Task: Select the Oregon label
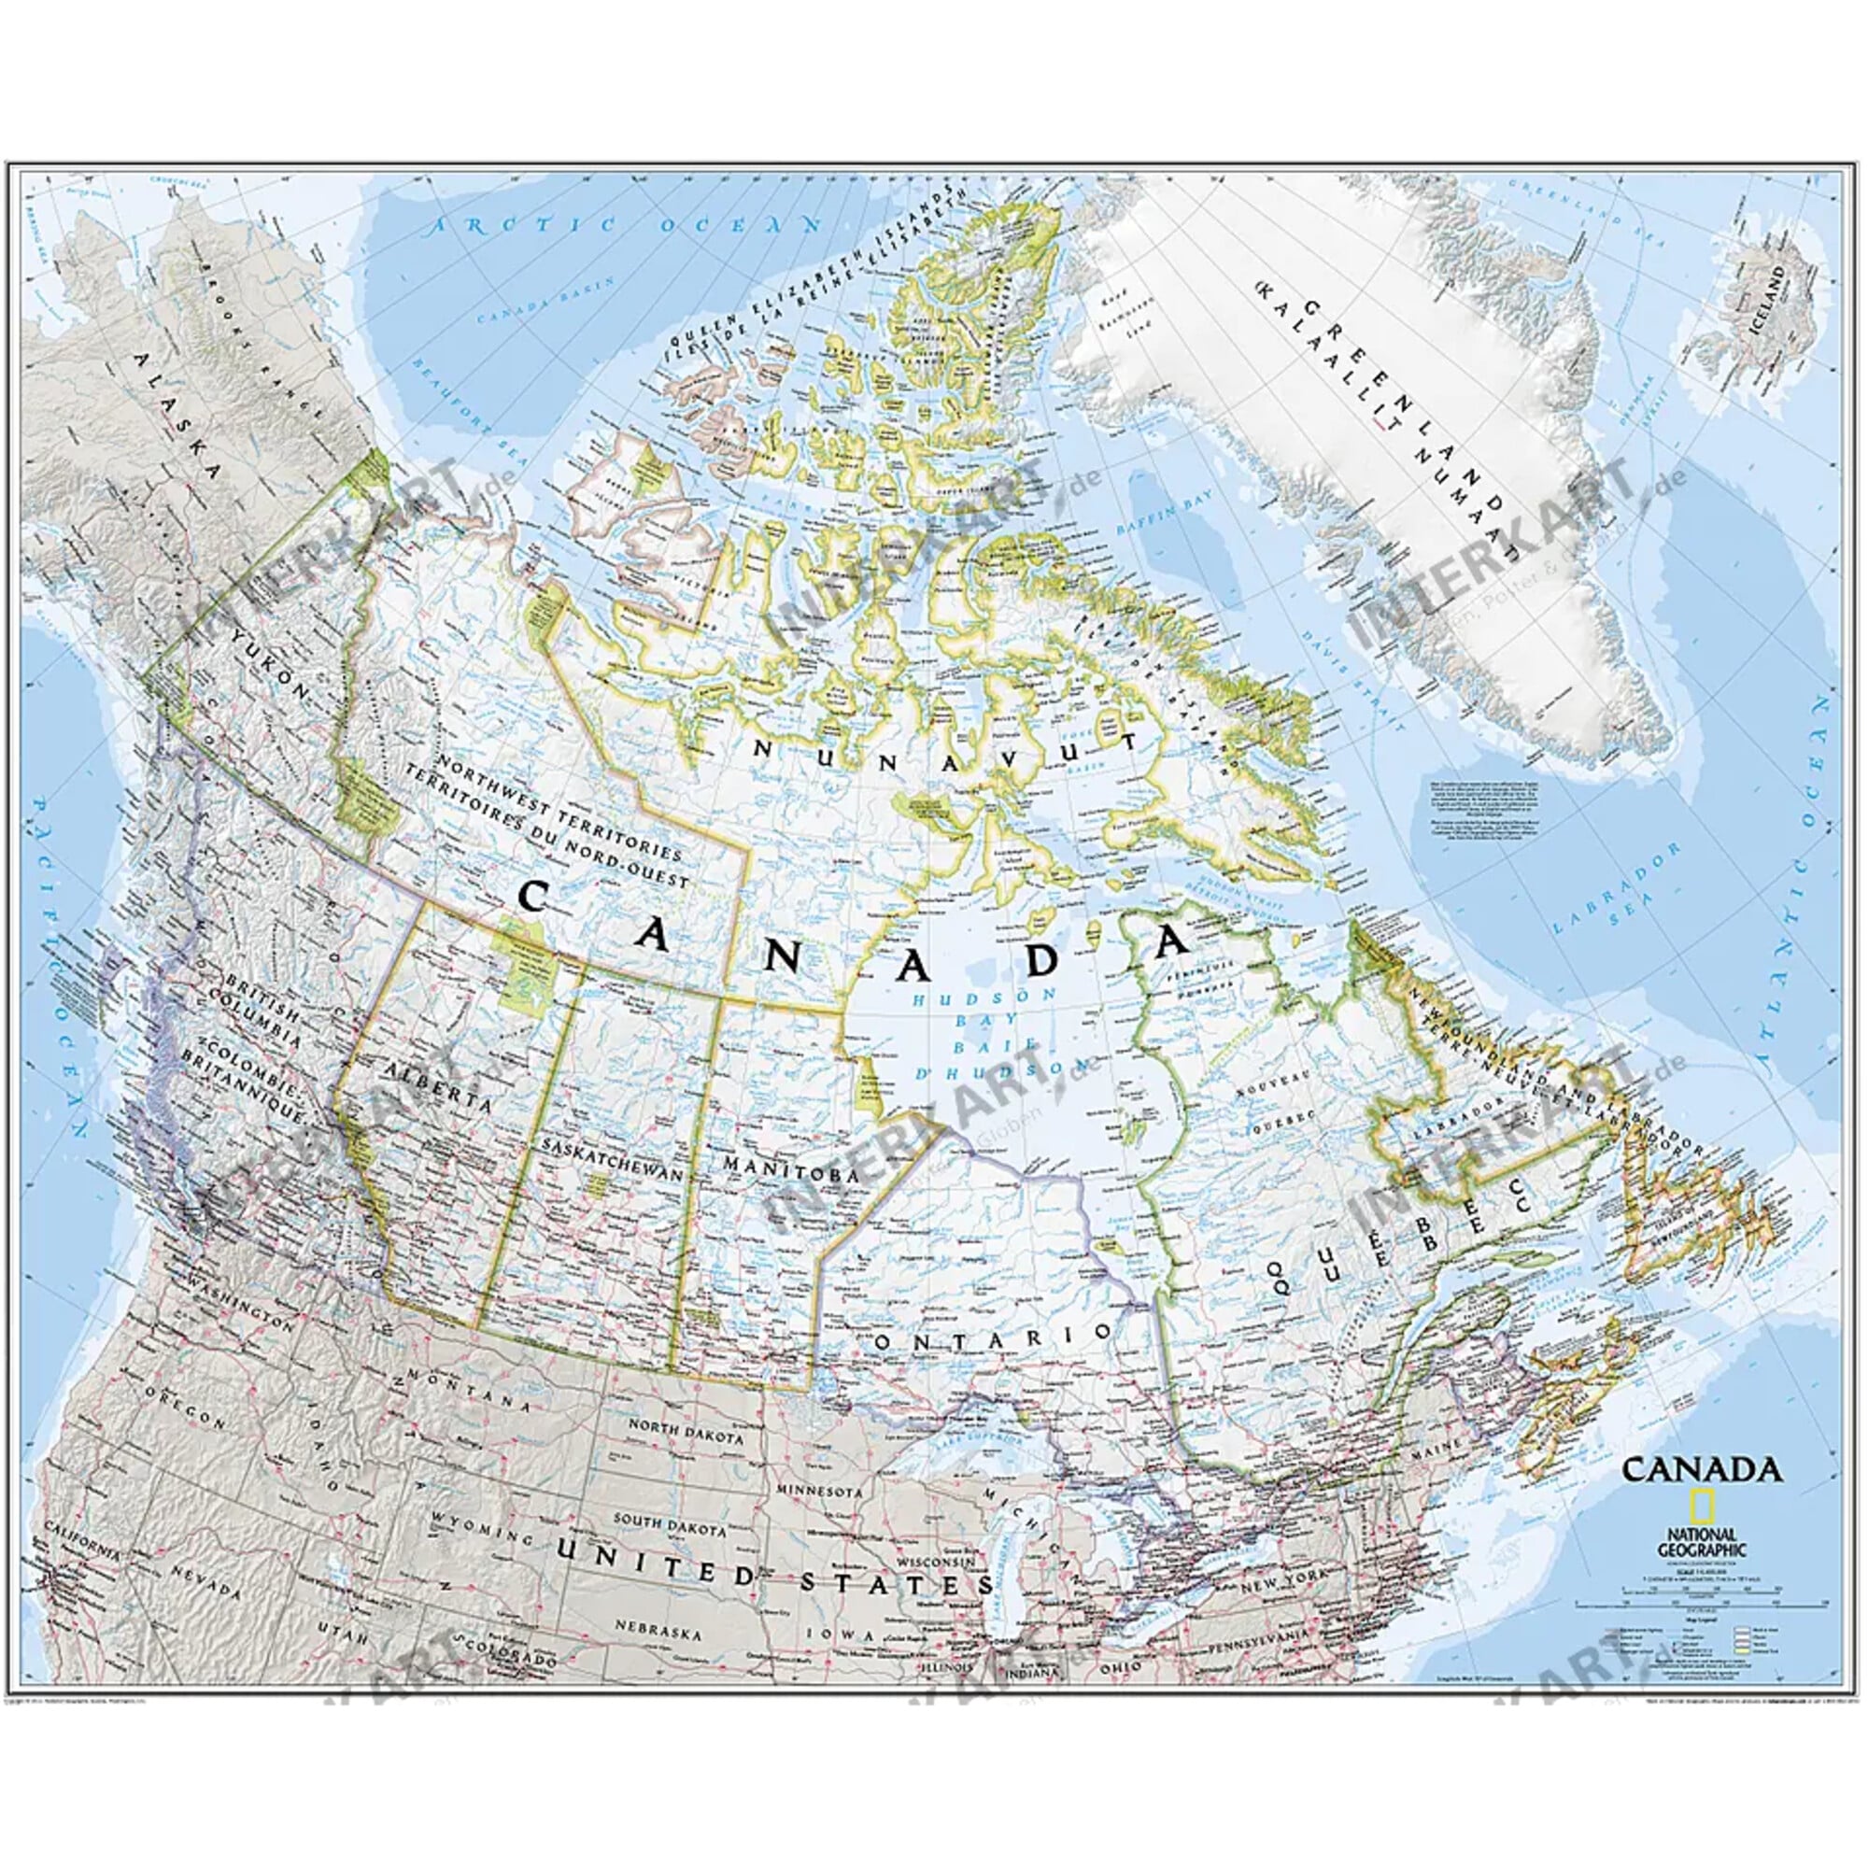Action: [184, 1421]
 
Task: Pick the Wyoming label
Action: [480, 1550]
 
